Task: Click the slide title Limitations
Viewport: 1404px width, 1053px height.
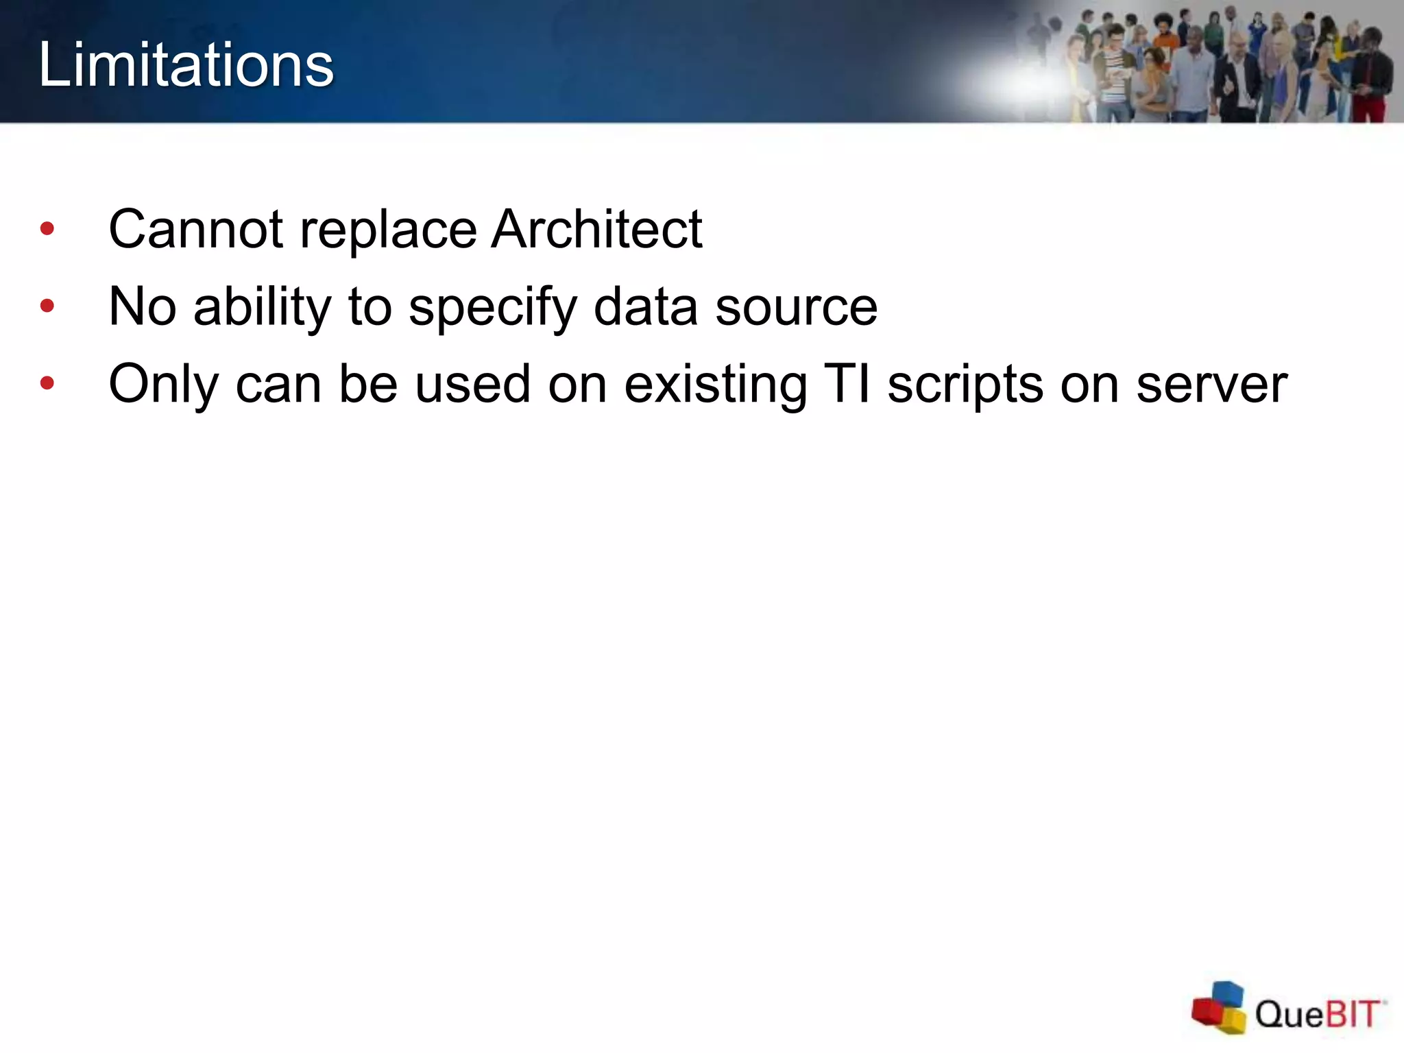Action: click(x=186, y=64)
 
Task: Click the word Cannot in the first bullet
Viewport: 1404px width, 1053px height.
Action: click(x=195, y=229)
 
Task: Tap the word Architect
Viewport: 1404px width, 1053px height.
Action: click(x=596, y=229)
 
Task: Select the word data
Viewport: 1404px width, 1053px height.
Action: click(x=645, y=306)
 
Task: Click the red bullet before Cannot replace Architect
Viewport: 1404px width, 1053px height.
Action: click(x=47, y=229)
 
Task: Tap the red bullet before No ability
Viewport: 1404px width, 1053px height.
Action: click(x=47, y=306)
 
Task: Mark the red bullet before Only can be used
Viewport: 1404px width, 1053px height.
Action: click(x=47, y=384)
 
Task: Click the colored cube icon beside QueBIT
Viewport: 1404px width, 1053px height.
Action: click(x=1219, y=1007)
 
